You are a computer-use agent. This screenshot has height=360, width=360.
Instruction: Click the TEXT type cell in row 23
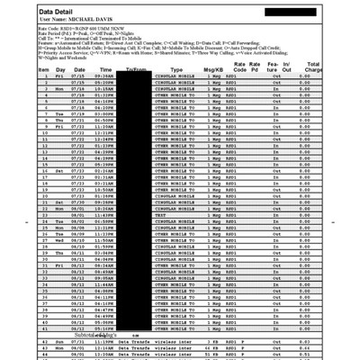pyautogui.click(x=161, y=216)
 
